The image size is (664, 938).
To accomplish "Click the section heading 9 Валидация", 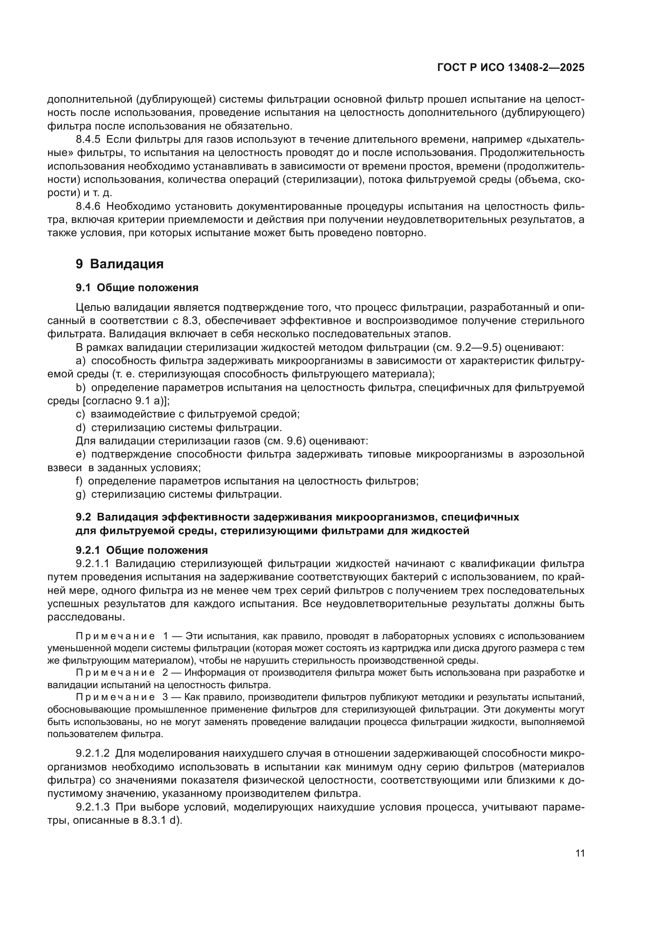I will [119, 264].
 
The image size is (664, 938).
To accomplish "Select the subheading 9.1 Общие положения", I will [137, 288].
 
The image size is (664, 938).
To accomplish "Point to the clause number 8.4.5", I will [88, 140].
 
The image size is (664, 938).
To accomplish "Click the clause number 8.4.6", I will [88, 206].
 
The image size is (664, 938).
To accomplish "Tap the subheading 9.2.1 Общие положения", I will [141, 550].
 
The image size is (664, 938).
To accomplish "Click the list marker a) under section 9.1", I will [81, 361].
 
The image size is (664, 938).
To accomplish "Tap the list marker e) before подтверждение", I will [81, 454].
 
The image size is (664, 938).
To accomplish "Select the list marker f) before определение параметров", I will [79, 481].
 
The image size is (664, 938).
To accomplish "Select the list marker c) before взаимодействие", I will [80, 414].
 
